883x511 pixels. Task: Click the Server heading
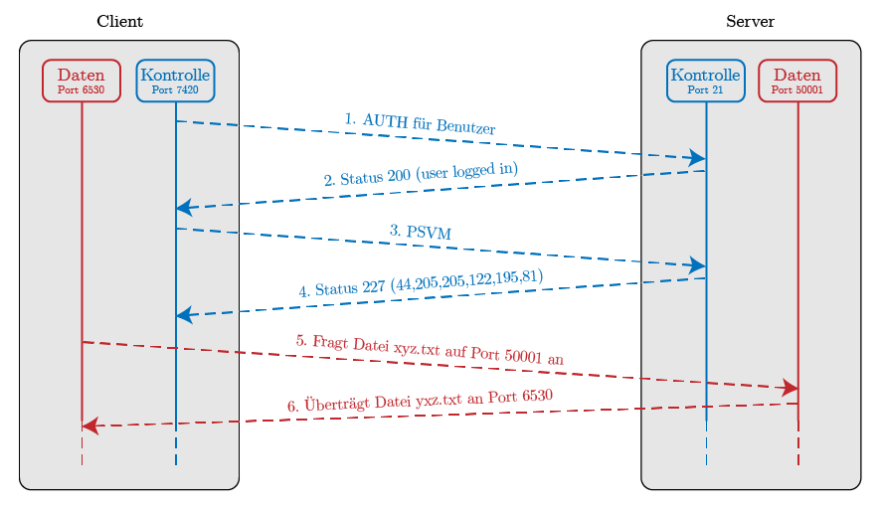(750, 21)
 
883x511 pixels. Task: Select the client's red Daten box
(81, 80)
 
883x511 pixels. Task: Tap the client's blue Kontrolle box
(175, 80)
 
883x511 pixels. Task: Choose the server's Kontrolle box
(705, 80)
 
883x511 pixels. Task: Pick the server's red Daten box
(796, 80)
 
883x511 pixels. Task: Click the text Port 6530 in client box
(81, 89)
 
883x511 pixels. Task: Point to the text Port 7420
(175, 89)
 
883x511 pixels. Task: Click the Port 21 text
(705, 89)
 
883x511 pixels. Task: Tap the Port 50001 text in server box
(796, 89)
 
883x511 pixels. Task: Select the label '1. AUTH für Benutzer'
(421, 123)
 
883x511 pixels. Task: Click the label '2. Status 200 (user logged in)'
(421, 173)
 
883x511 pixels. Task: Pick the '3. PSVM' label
(421, 232)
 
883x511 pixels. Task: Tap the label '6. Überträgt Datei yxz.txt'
(420, 400)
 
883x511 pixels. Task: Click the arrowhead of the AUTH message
(698, 158)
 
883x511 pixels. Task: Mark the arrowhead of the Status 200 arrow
(183, 208)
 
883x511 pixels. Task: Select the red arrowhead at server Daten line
(791, 387)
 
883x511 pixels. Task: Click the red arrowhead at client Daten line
(89, 426)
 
